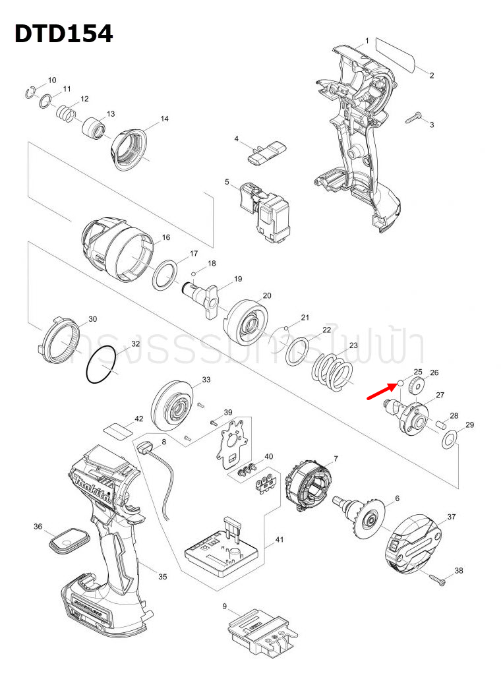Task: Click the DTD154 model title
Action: (64, 34)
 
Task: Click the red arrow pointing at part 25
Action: (382, 393)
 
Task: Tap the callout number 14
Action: (164, 119)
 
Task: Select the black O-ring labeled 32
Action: (102, 366)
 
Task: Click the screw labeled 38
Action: (438, 579)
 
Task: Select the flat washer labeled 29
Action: (450, 440)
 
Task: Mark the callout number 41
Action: (280, 540)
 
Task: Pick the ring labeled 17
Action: (166, 274)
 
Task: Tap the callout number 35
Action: (162, 576)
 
